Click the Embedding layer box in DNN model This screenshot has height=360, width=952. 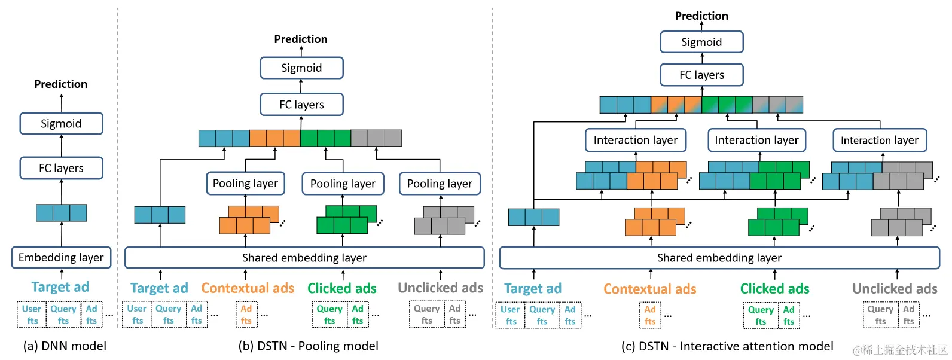pyautogui.click(x=61, y=258)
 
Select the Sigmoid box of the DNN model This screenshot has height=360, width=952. pyautogui.click(x=61, y=124)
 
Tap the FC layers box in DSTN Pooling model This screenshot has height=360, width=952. pyautogui.click(x=301, y=105)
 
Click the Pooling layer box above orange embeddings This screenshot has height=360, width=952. pyautogui.click(x=245, y=184)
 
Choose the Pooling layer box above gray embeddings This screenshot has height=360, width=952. pyautogui.click(x=440, y=184)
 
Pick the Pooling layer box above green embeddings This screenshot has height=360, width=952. pyautogui.click(x=343, y=184)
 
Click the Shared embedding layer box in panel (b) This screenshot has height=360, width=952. pyautogui.click(x=304, y=258)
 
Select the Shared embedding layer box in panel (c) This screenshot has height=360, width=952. pyautogui.click(x=719, y=258)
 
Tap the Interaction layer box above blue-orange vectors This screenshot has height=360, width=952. pyautogui.click(x=635, y=140)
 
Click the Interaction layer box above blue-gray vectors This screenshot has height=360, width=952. pyautogui.click(x=879, y=140)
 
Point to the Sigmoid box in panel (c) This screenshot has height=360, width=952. pyautogui.click(x=701, y=42)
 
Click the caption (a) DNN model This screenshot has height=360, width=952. pyautogui.click(x=65, y=346)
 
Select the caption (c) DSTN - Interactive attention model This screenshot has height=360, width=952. pyautogui.click(x=727, y=346)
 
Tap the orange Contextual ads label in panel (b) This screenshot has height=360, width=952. pyautogui.click(x=248, y=288)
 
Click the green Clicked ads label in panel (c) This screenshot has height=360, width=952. pyautogui.click(x=774, y=289)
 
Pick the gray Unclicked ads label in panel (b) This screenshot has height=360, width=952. pyautogui.click(x=440, y=288)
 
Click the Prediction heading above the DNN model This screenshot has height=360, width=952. pyautogui.click(x=60, y=84)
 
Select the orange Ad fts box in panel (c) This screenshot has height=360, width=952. pyautogui.click(x=650, y=315)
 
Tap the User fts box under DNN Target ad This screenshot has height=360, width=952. pyautogui.click(x=32, y=315)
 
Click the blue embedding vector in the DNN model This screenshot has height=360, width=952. pyautogui.click(x=61, y=213)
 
